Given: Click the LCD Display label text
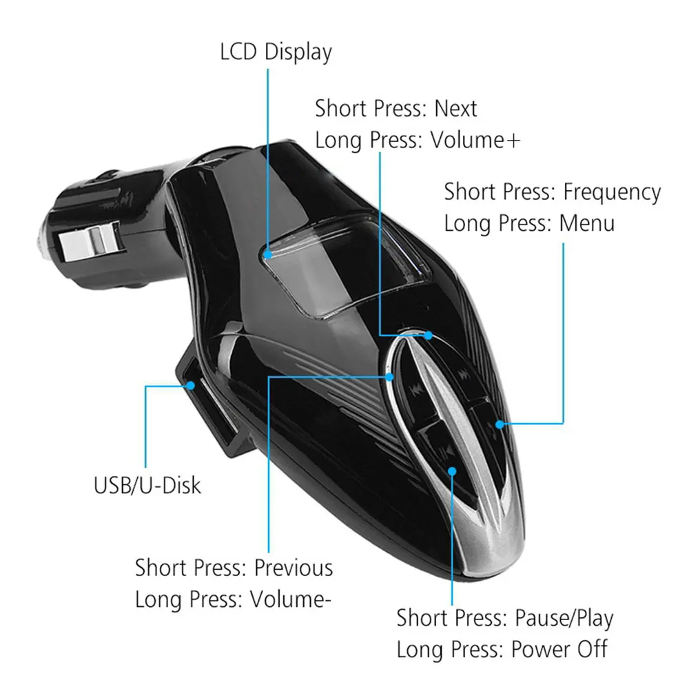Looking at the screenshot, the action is tap(276, 52).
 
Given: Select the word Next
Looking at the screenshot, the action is tap(455, 109).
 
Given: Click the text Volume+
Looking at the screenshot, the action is tap(475, 140).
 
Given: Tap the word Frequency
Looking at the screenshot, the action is tap(612, 192).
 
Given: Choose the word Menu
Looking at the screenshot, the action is tap(587, 223).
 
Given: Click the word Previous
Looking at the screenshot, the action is tap(294, 568).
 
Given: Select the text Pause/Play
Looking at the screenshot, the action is tap(564, 618).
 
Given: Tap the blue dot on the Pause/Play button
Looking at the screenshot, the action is tap(453, 471).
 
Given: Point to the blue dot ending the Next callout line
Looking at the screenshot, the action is tap(428, 336).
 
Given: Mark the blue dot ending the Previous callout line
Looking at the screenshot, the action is tap(391, 377).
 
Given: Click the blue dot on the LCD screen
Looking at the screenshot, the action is tap(267, 254).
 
